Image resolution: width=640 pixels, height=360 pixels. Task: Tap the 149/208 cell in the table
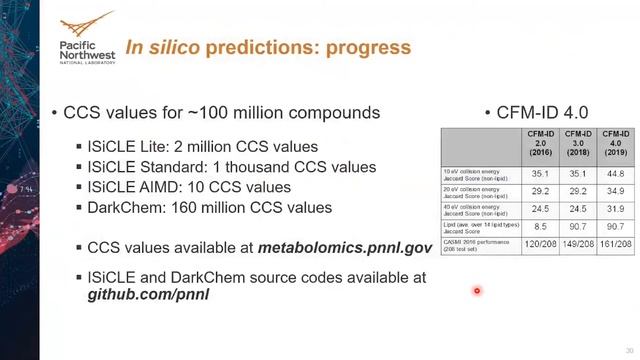click(x=578, y=243)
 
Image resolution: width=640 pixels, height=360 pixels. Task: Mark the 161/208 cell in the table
click(x=615, y=243)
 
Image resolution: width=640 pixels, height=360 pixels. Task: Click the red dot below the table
click(x=477, y=291)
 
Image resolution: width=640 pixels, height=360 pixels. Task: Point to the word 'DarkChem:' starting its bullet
click(x=125, y=208)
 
